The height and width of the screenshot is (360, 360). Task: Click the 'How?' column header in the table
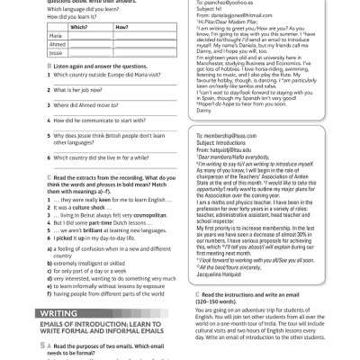coord(121,27)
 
